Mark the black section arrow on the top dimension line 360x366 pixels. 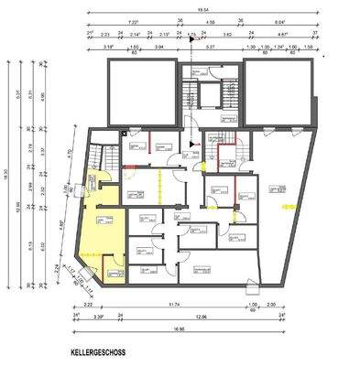click(x=191, y=38)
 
